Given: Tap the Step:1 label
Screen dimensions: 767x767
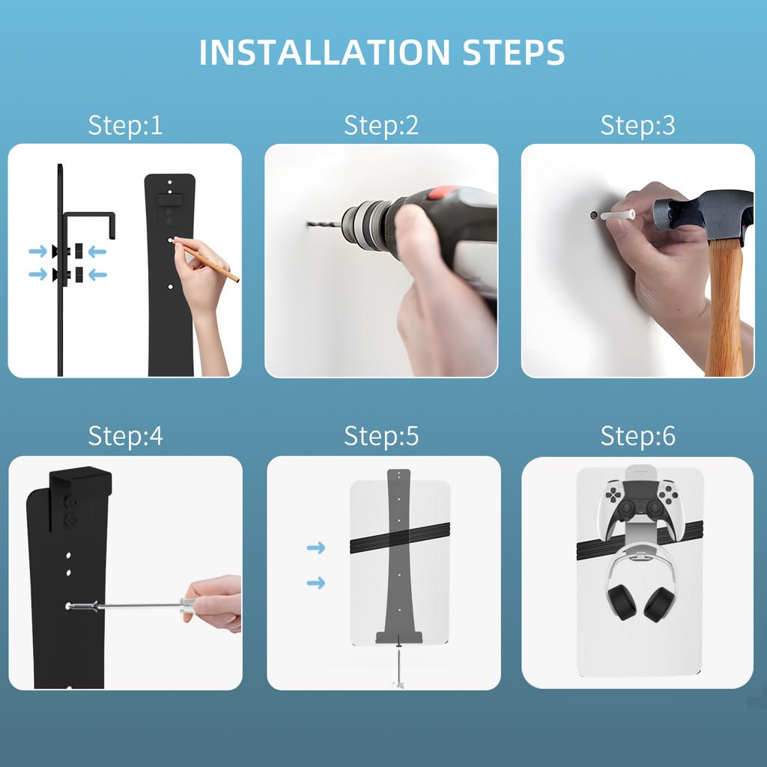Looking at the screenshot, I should tap(125, 125).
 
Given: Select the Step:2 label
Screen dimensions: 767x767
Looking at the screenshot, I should tap(381, 125).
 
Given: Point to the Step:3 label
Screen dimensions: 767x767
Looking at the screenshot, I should tap(637, 125).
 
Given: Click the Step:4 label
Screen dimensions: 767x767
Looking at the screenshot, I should tap(125, 435).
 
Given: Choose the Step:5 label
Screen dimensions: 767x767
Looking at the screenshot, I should tap(381, 435).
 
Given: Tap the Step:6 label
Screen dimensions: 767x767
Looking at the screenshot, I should tap(637, 435).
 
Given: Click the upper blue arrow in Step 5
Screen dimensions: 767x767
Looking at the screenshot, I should tap(316, 548).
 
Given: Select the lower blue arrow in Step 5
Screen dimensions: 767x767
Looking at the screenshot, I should tap(316, 583).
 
